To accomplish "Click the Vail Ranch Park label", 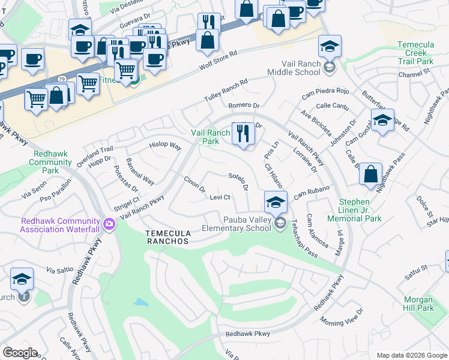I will pos(210,137).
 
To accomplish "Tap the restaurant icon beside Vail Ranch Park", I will pos(243,133).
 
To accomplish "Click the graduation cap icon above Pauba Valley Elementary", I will pos(275,202).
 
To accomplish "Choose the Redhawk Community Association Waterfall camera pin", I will pos(109,224).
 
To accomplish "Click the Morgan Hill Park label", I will pos(418,304).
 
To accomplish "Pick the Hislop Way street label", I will pos(165,146).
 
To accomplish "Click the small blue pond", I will pos(140,302).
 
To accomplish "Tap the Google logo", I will pos(20,353).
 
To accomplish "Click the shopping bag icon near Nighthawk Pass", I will pos(370,174).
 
